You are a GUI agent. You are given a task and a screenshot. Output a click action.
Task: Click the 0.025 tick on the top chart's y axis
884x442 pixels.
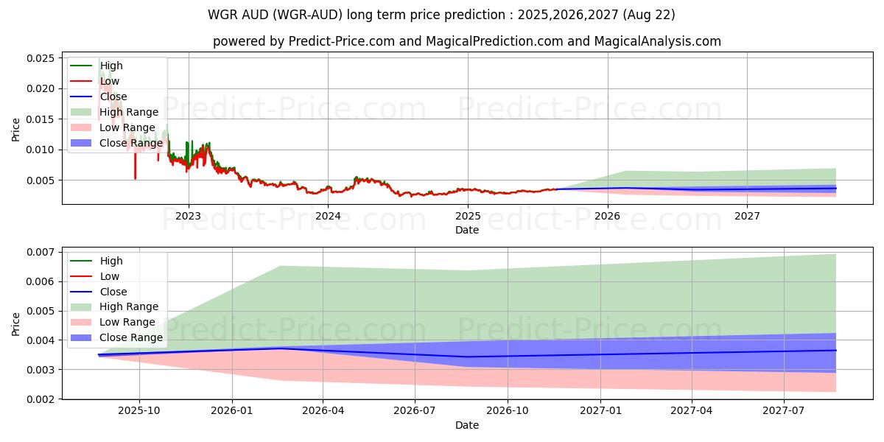pos(40,58)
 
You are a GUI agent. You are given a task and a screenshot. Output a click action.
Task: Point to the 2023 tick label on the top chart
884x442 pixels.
pos(189,216)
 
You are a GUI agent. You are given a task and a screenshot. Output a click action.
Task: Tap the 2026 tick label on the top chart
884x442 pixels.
pos(607,216)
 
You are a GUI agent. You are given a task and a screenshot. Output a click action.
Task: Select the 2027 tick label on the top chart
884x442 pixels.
pos(747,216)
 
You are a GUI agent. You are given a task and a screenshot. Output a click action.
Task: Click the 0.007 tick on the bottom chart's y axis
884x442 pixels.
pos(40,252)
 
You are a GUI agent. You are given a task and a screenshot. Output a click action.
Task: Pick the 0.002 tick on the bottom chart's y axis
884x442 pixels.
pos(40,399)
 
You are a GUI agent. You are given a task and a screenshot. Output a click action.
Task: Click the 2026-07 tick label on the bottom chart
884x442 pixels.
pos(415,411)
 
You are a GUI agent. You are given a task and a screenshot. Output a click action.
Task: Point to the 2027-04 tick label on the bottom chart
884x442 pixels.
pos(692,411)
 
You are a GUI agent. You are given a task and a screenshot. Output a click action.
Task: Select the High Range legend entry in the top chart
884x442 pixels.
pos(129,112)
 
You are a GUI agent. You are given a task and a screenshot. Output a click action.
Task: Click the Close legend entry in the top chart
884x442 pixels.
pos(113,97)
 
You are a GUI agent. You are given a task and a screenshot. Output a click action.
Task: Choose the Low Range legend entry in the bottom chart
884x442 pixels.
pos(127,322)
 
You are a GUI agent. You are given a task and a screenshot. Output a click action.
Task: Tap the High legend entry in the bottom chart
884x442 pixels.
pos(111,261)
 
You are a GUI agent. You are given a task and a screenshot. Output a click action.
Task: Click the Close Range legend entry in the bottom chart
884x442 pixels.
pos(130,337)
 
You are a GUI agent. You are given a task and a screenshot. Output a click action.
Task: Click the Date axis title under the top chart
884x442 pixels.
pos(467,230)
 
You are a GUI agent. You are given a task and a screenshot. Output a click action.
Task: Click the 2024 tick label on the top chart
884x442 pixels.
pos(328,216)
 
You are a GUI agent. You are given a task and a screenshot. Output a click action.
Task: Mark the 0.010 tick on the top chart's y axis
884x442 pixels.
pos(40,150)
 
